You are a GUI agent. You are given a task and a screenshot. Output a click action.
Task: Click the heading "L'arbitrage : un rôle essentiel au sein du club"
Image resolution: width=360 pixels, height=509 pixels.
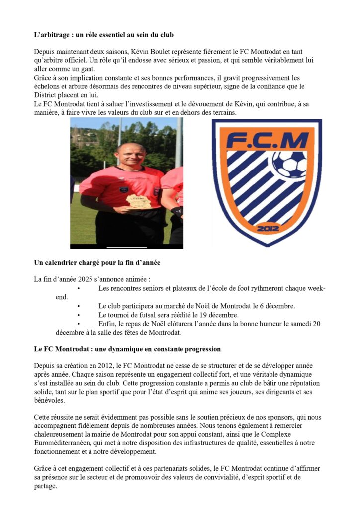pos(103,36)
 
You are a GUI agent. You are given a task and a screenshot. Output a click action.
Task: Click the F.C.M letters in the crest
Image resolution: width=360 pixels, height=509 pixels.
pos(267,141)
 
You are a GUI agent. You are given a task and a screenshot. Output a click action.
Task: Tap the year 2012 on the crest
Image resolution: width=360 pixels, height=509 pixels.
pos(267,229)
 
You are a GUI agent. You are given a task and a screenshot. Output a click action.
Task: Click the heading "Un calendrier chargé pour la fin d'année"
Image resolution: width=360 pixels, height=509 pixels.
pos(97,263)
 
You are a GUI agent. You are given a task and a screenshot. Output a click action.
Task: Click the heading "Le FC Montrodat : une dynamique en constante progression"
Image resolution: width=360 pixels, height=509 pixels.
pos(127,349)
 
